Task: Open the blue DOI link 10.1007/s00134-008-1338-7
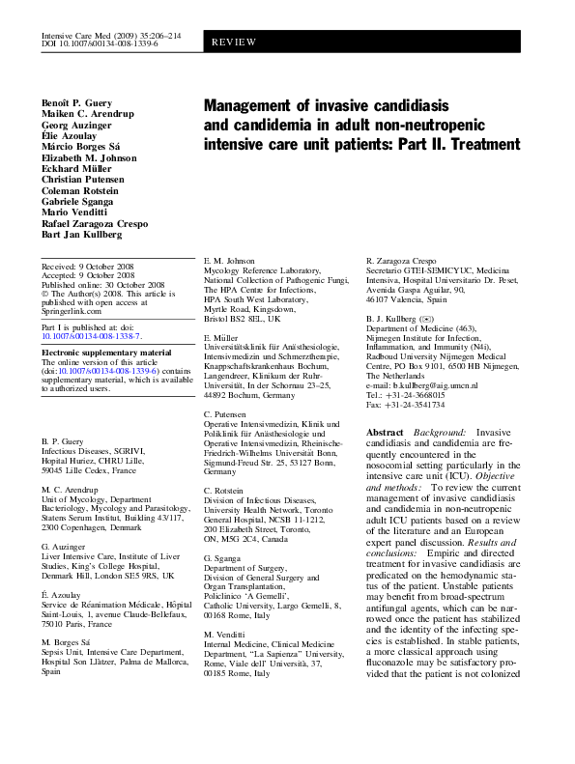pos(92,337)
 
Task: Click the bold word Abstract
pos(385,432)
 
